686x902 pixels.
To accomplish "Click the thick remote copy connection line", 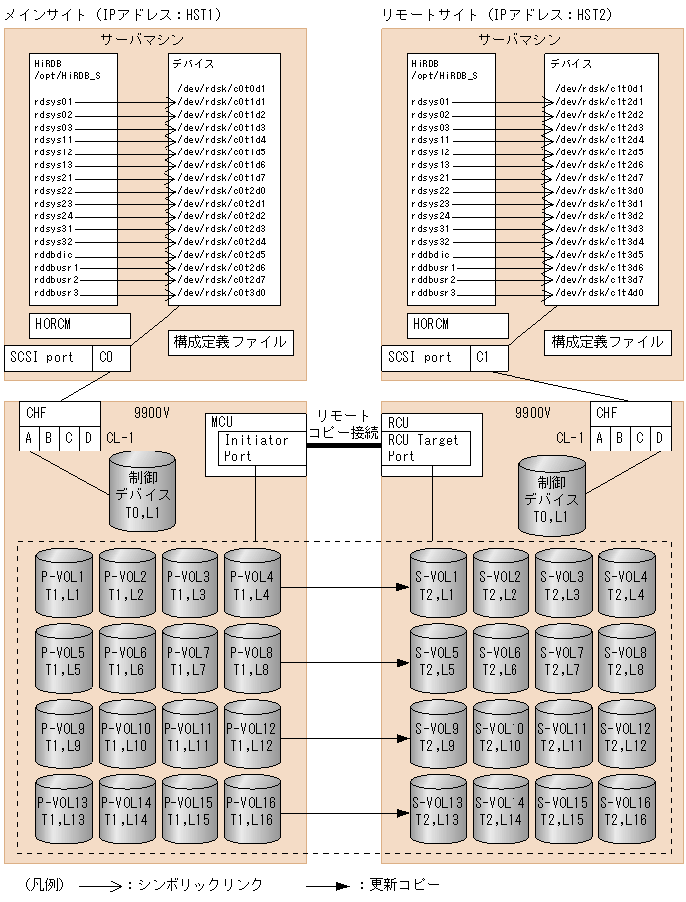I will [343, 446].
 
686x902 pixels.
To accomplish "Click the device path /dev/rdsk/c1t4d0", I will [598, 293].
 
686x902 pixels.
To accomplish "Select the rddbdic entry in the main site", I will [55, 254].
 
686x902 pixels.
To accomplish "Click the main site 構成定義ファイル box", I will [229, 342].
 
